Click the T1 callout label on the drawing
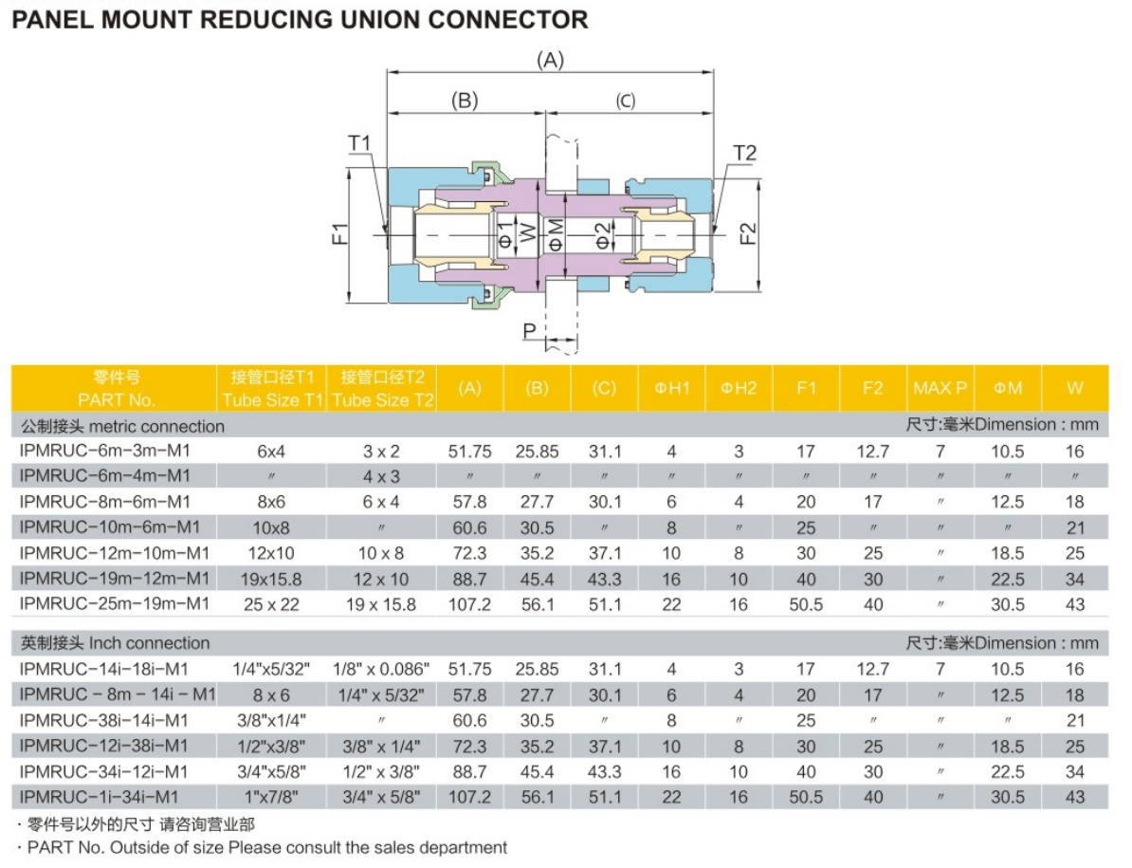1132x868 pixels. click(x=360, y=143)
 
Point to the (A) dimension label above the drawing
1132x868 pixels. click(x=550, y=60)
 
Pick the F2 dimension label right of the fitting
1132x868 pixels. click(x=749, y=232)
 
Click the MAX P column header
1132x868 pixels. click(x=940, y=388)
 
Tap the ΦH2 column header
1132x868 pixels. click(x=739, y=388)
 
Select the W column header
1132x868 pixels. click(x=1074, y=388)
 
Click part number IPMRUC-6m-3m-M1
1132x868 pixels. click(x=105, y=452)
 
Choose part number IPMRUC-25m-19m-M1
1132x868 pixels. click(x=114, y=603)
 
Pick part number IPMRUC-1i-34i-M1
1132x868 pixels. click(x=99, y=798)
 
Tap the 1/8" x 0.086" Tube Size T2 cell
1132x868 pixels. click(x=383, y=670)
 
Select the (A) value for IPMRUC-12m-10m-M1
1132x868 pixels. click(x=469, y=553)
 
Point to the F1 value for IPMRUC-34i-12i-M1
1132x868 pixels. click(x=806, y=772)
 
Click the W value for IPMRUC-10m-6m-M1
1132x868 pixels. click(x=1074, y=527)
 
